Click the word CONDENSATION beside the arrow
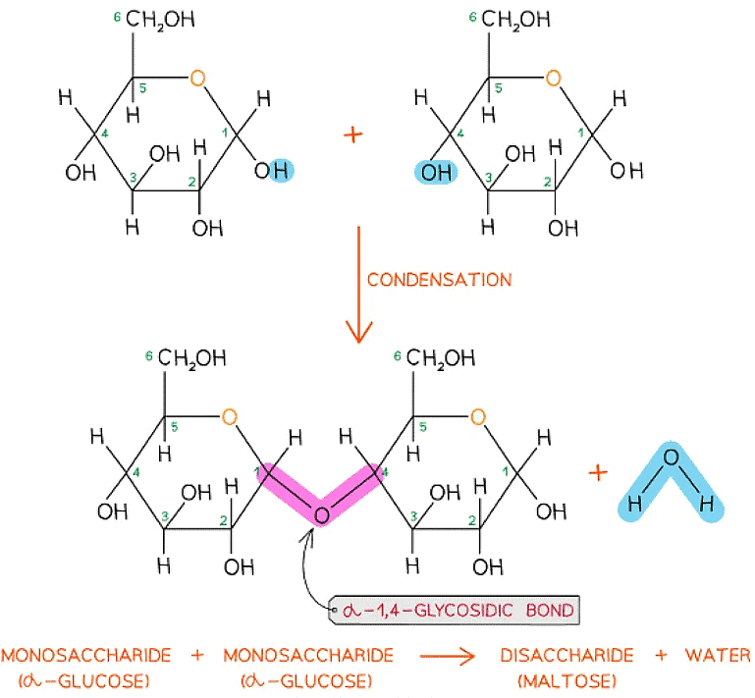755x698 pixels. coord(439,279)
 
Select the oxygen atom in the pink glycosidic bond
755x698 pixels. coord(320,511)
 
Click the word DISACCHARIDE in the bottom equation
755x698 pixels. coord(566,656)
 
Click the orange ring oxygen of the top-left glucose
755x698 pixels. coord(198,79)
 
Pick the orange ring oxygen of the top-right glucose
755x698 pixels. coord(555,79)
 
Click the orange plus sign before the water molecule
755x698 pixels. coord(597,472)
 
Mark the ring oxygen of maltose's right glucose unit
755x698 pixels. coord(477,417)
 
